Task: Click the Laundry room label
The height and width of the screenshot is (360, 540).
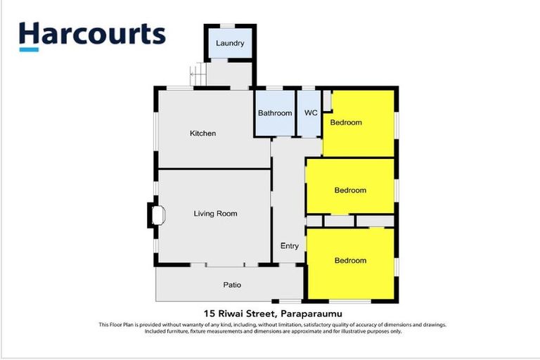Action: tap(230, 43)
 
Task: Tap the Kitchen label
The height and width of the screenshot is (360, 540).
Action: tap(202, 134)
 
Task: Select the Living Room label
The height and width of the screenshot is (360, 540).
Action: tap(215, 214)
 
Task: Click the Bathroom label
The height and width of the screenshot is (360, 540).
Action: tap(275, 113)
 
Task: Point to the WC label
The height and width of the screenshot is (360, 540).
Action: tap(311, 112)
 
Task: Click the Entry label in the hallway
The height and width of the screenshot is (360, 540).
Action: tap(289, 246)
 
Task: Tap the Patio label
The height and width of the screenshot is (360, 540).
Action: tap(232, 285)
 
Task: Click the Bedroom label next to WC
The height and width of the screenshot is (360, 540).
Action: tap(346, 122)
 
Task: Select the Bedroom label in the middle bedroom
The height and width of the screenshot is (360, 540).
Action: tap(350, 190)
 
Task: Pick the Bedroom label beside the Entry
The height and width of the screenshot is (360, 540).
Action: tap(350, 260)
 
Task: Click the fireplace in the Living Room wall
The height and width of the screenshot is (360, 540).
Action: tap(157, 215)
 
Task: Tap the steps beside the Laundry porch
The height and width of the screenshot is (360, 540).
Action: tap(198, 74)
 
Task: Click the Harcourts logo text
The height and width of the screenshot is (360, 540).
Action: tap(92, 34)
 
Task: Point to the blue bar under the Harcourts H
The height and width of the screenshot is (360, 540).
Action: tap(29, 50)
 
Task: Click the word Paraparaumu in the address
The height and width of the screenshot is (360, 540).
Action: tap(311, 314)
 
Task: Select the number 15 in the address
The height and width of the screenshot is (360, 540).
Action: tap(208, 314)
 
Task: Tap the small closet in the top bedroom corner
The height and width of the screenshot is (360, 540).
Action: tap(328, 101)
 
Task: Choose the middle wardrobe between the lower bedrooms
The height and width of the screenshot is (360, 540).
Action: tap(339, 221)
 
